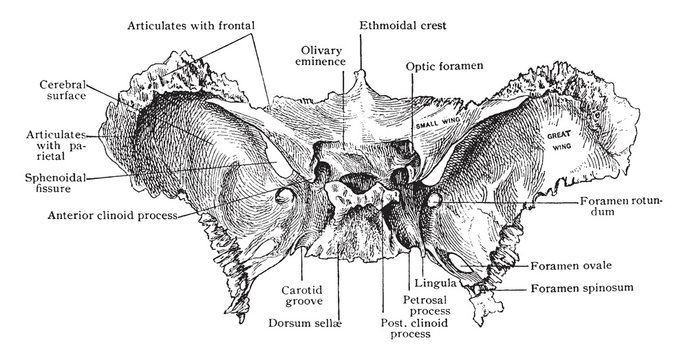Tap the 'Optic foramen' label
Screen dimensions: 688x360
pos(445,65)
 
